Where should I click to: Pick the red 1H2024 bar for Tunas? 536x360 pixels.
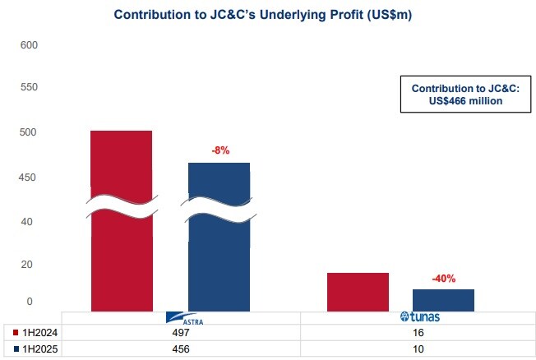pyautogui.click(x=358, y=292)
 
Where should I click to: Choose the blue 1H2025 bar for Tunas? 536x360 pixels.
pyautogui.click(x=443, y=300)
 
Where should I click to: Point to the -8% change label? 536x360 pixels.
pyautogui.click(x=219, y=150)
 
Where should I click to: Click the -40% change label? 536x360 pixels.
pyautogui.click(x=443, y=278)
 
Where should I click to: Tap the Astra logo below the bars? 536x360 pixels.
pyautogui.click(x=180, y=318)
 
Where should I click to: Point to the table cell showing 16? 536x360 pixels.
pyautogui.click(x=418, y=332)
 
